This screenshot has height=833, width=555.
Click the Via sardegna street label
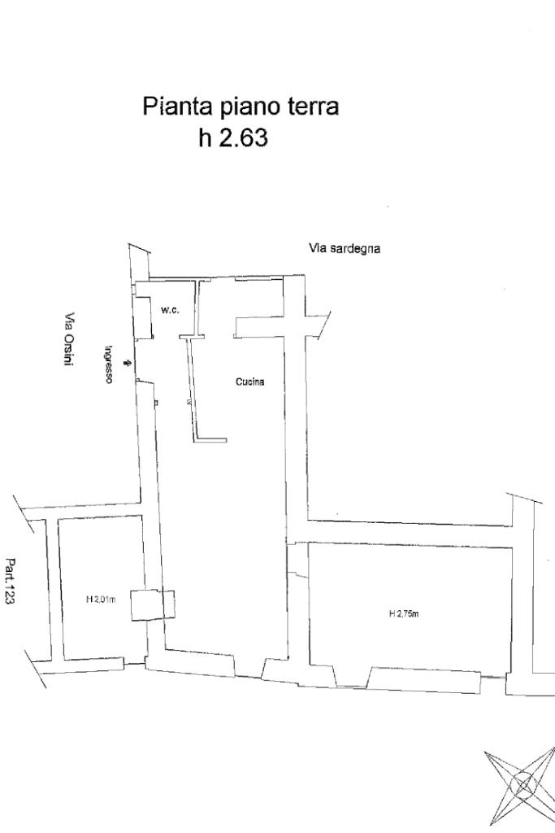tap(345, 249)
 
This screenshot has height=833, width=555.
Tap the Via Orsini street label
tap(70, 340)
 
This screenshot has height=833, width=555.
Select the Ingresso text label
tap(107, 364)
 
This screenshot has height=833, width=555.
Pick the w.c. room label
tap(170, 311)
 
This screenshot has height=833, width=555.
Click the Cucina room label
tap(249, 382)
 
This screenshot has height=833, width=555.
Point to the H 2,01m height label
tap(101, 600)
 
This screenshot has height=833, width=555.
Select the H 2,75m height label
tap(404, 613)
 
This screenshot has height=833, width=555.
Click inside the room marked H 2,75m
tap(406, 586)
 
